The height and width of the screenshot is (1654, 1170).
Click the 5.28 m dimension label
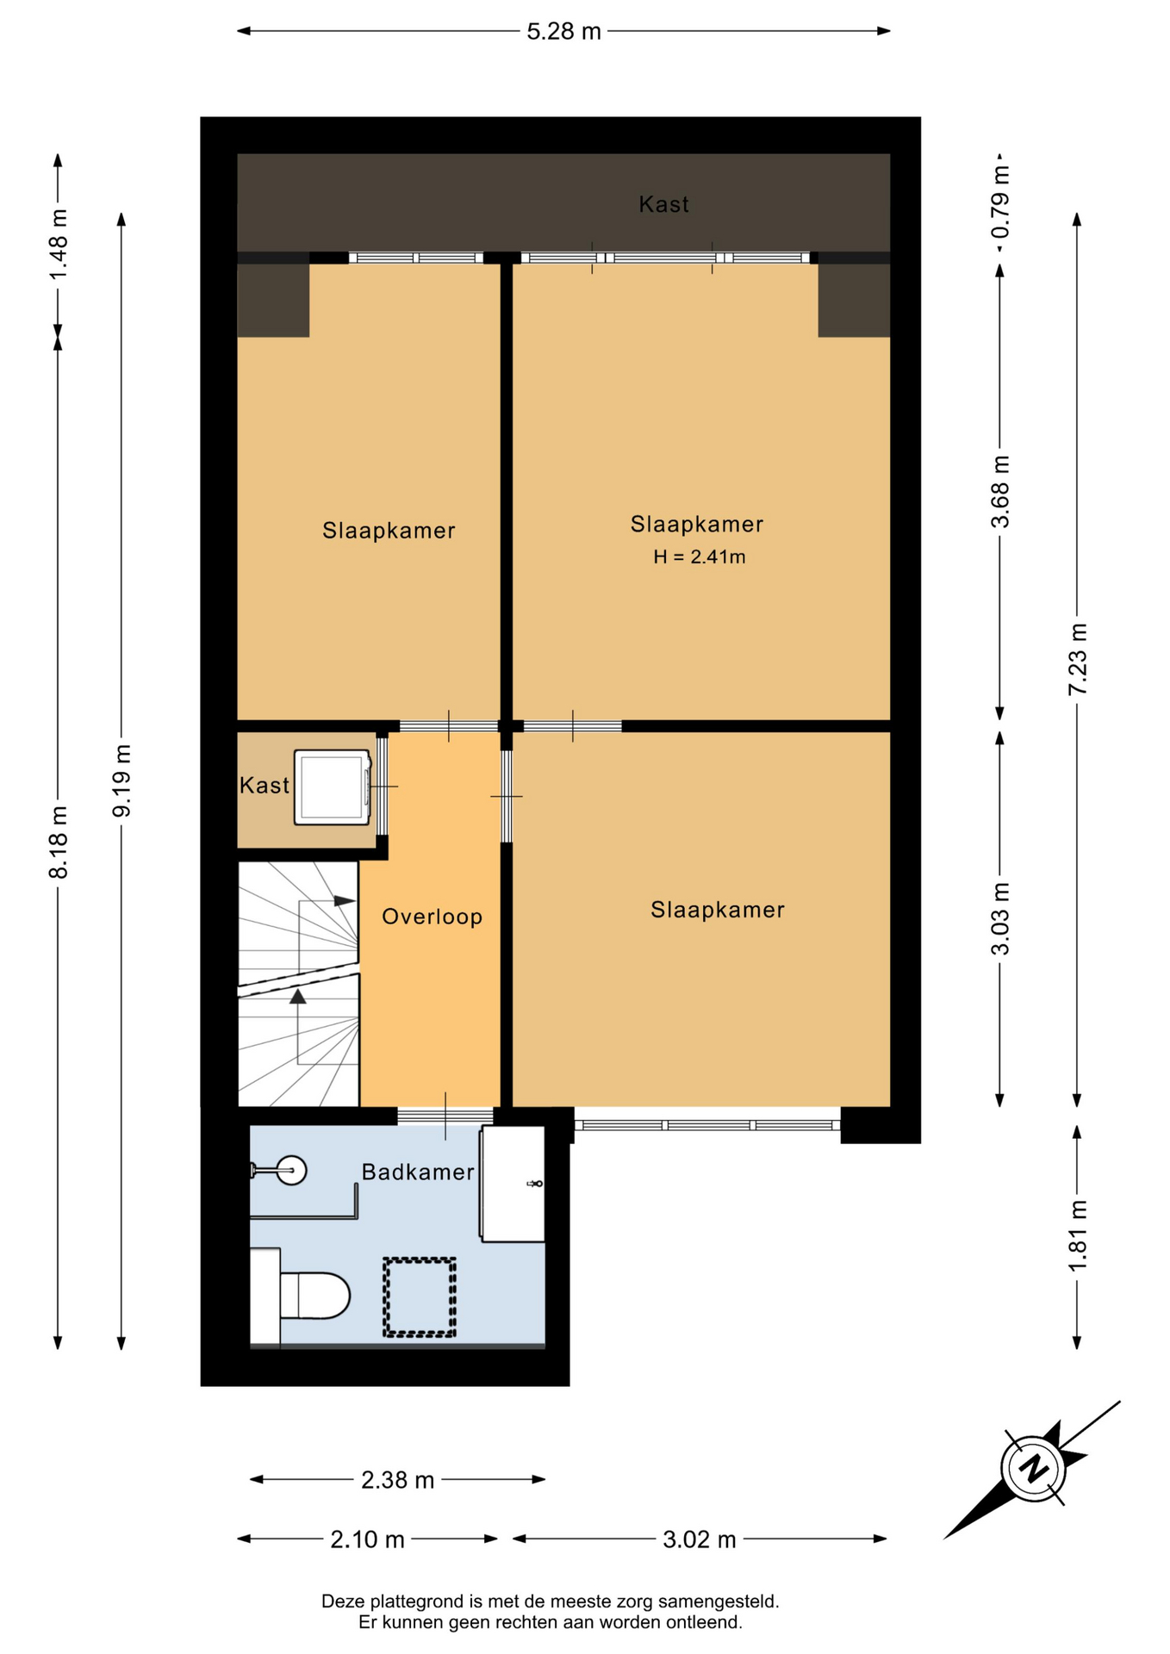(x=563, y=32)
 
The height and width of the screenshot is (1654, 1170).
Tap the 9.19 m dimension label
(x=121, y=780)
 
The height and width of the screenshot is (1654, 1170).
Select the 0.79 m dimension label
(x=999, y=202)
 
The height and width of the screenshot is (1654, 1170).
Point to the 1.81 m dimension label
(x=1077, y=1235)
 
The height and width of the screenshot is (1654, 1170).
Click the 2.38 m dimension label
(x=397, y=1480)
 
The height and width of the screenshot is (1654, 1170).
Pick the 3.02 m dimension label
(x=699, y=1539)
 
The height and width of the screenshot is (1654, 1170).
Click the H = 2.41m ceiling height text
(x=699, y=557)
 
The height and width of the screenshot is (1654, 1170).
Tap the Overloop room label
(x=432, y=917)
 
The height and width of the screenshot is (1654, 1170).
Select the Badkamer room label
(x=418, y=1172)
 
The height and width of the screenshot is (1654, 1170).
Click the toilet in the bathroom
(x=302, y=1296)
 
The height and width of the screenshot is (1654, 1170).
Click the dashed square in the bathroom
(x=420, y=1297)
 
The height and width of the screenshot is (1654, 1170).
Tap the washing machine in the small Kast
(x=332, y=787)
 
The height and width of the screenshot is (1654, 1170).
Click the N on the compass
(x=1033, y=1467)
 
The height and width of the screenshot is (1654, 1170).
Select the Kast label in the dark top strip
(x=663, y=204)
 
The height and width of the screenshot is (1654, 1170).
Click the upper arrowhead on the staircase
(x=345, y=901)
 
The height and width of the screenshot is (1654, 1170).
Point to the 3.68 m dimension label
(x=999, y=492)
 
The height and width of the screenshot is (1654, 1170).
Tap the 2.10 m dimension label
(x=367, y=1539)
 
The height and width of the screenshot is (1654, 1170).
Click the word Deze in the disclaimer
(x=343, y=1601)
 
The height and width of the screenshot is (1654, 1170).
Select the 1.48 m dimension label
(x=58, y=245)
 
